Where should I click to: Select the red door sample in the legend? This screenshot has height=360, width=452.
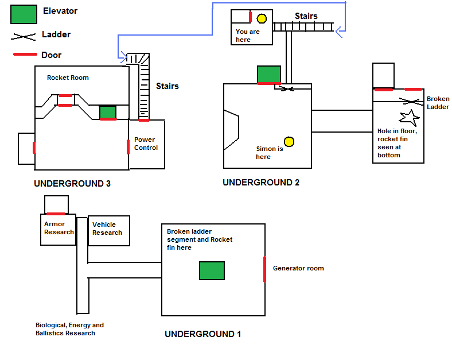pyautogui.click(x=24, y=55)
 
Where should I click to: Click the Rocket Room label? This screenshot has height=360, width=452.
pyautogui.click(x=68, y=78)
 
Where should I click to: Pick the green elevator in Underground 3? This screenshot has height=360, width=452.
pyautogui.click(x=108, y=112)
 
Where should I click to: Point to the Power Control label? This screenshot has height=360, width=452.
pyautogui.click(x=146, y=144)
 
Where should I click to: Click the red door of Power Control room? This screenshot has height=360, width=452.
pyautogui.click(x=128, y=146)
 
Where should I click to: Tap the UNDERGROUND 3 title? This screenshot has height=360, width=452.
pyautogui.click(x=72, y=184)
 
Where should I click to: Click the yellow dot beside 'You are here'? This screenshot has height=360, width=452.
pyautogui.click(x=262, y=18)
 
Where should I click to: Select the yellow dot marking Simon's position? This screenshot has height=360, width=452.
pyautogui.click(x=289, y=142)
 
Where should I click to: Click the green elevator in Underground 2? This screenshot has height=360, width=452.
pyautogui.click(x=268, y=74)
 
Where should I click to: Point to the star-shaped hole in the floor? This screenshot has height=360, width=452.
pyautogui.click(x=410, y=118)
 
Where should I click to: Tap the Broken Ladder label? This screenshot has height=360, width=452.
pyautogui.click(x=438, y=103)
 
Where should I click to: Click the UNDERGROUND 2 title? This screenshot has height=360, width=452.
pyautogui.click(x=261, y=183)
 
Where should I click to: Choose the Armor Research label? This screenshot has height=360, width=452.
pyautogui.click(x=59, y=228)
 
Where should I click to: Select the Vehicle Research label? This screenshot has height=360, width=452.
pyautogui.click(x=107, y=229)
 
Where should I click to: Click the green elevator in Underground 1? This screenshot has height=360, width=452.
pyautogui.click(x=212, y=270)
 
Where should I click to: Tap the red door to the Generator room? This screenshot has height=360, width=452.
pyautogui.click(x=265, y=269)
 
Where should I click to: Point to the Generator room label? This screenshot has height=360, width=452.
pyautogui.click(x=298, y=268)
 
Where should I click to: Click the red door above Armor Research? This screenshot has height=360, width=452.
pyautogui.click(x=56, y=214)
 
